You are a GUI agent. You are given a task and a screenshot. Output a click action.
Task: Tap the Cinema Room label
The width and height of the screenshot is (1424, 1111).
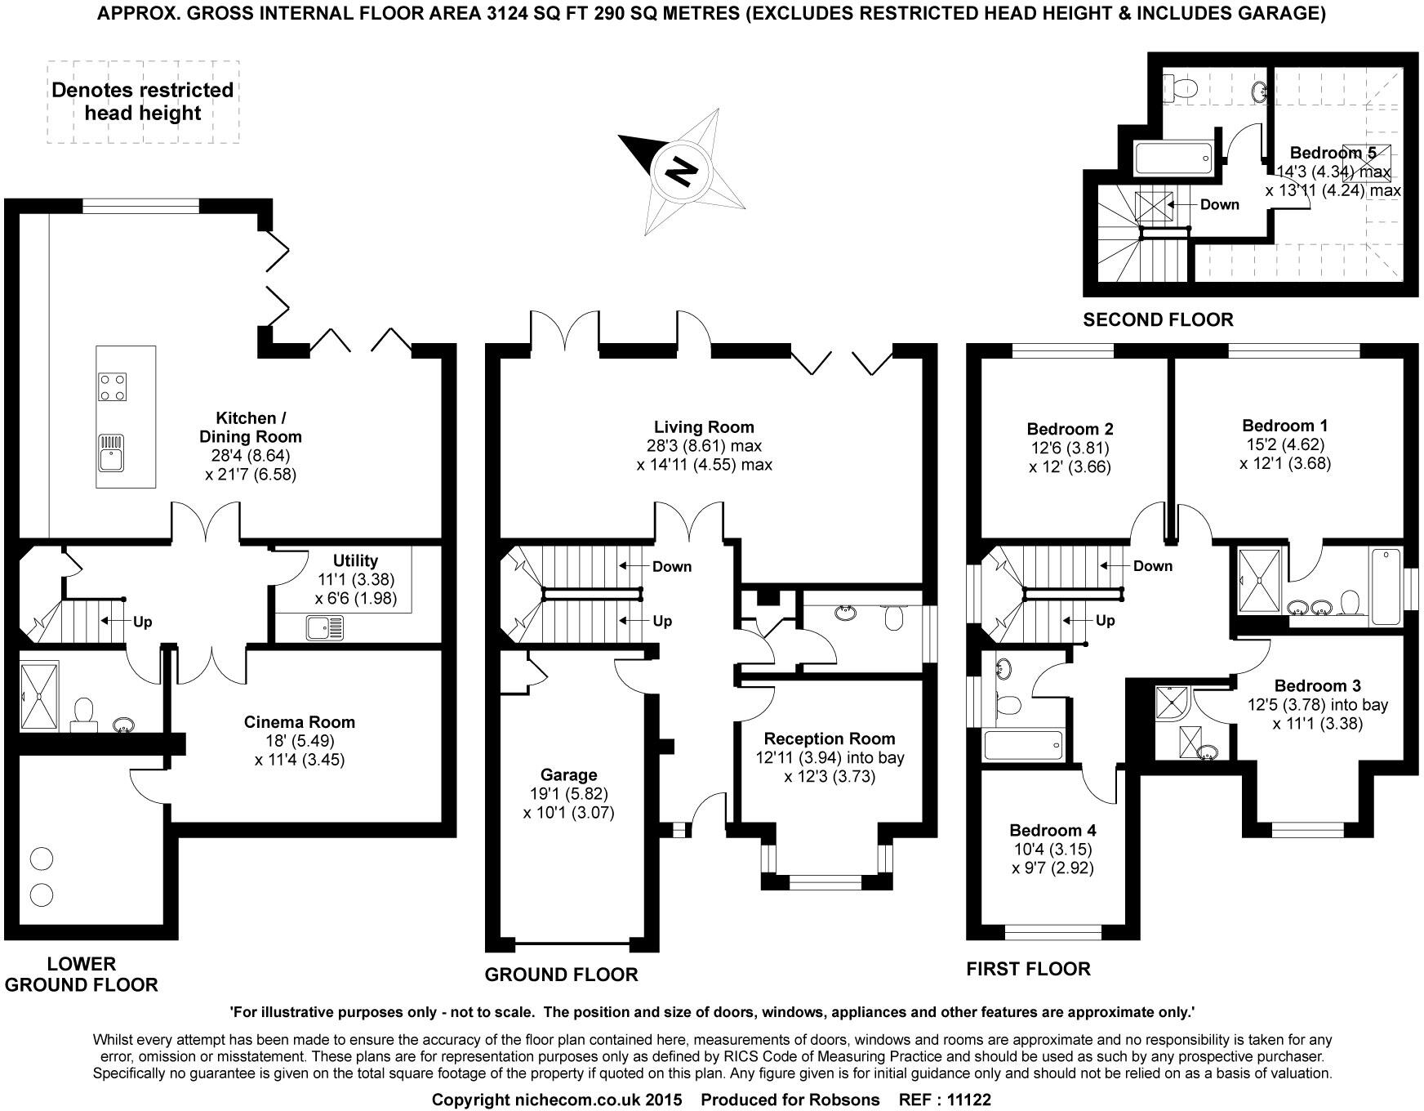click(x=300, y=722)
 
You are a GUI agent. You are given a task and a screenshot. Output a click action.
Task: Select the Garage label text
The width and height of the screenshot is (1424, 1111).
click(x=569, y=774)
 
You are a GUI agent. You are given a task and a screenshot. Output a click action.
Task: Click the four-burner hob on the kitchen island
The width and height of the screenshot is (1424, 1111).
click(x=113, y=387)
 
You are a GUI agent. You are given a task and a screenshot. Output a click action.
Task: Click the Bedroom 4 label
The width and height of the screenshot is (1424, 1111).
click(x=1052, y=830)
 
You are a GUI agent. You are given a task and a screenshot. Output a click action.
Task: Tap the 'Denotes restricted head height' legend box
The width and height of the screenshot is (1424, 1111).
click(x=143, y=102)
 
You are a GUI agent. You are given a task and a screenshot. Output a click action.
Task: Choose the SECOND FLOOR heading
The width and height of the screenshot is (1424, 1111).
click(x=1158, y=319)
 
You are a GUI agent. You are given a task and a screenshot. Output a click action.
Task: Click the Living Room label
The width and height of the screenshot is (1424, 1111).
click(x=704, y=426)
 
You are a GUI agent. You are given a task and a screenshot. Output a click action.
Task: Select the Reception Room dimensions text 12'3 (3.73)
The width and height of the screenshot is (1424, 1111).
click(x=830, y=776)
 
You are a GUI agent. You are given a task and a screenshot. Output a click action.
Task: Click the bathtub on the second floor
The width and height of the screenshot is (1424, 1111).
click(x=1174, y=157)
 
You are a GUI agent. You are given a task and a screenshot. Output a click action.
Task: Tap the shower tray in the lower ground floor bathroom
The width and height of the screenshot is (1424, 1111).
click(x=38, y=696)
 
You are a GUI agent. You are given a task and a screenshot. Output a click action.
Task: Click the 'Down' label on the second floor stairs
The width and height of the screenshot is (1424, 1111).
click(x=1219, y=204)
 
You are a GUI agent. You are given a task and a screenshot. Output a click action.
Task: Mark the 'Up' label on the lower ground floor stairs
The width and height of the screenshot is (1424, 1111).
click(x=143, y=622)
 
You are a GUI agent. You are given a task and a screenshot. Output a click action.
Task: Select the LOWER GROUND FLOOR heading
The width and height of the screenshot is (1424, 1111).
click(x=82, y=974)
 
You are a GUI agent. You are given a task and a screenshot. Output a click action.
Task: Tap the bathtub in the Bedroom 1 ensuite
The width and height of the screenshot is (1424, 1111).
click(x=1385, y=587)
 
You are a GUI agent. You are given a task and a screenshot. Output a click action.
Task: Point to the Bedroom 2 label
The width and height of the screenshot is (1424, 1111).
click(x=1070, y=429)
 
